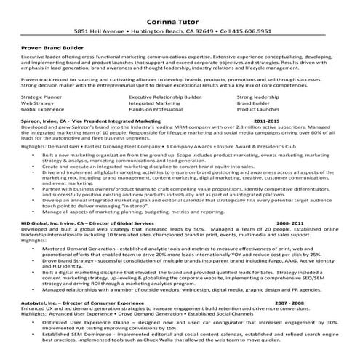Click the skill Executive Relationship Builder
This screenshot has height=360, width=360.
click(x=164, y=96)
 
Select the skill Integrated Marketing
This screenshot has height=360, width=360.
click(x=153, y=103)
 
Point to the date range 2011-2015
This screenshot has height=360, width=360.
click(x=266, y=120)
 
